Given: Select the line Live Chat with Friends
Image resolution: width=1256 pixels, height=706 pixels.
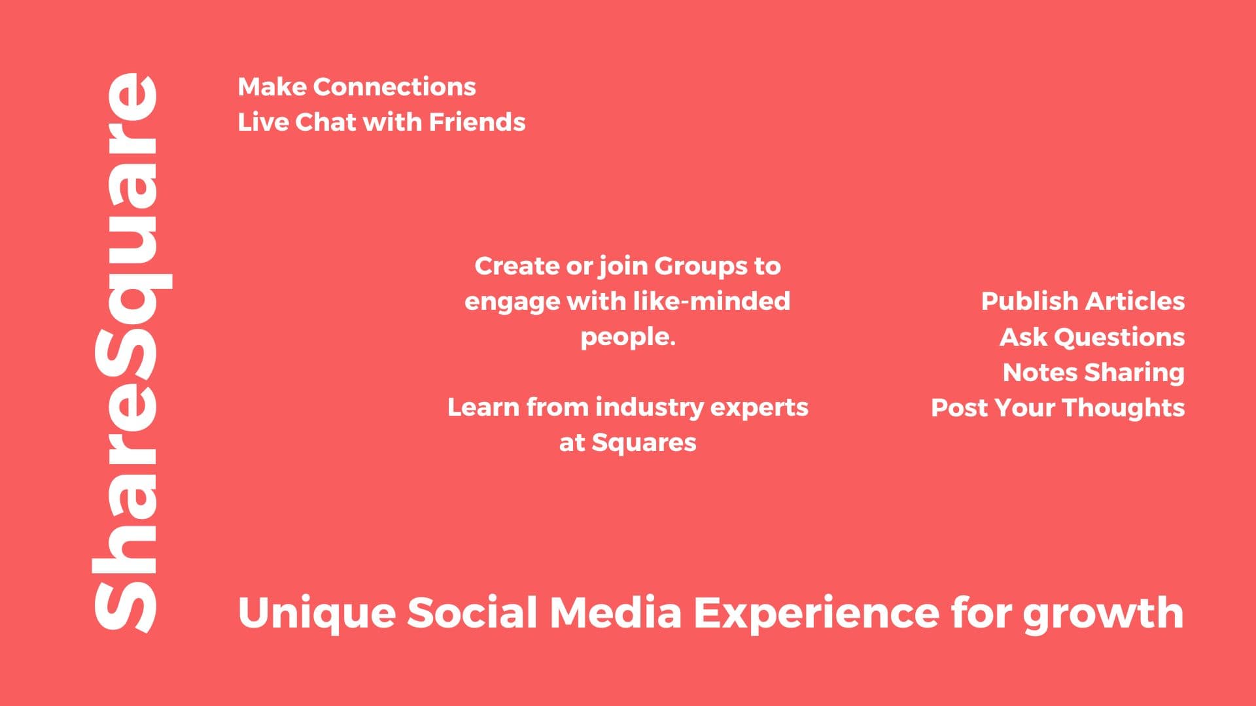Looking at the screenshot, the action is pos(381,122).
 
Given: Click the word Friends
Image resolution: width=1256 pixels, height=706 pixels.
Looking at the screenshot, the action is pos(478,122).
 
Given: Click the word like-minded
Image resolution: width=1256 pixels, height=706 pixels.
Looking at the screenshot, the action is pos(711,301).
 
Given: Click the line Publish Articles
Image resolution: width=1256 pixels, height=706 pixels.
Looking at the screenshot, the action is pos(1083,301).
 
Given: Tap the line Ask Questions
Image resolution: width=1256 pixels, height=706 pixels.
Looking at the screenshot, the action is pos(1092,337).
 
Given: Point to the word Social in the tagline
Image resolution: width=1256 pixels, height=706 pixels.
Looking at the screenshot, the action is pos(472,613).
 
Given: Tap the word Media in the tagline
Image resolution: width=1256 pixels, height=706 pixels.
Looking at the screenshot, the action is pos(616,613).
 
